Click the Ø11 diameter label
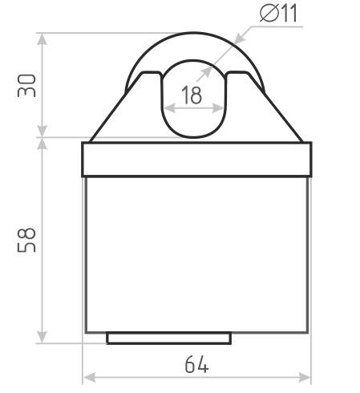(x=278, y=14)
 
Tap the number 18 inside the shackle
(x=192, y=95)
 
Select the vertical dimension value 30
(x=26, y=86)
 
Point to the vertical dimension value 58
(x=26, y=240)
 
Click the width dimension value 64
(x=196, y=364)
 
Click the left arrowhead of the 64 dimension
(x=90, y=378)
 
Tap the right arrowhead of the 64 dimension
(x=305, y=378)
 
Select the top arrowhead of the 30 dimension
(x=42, y=39)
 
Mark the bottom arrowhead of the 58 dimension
(x=42, y=337)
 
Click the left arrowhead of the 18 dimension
(x=169, y=108)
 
